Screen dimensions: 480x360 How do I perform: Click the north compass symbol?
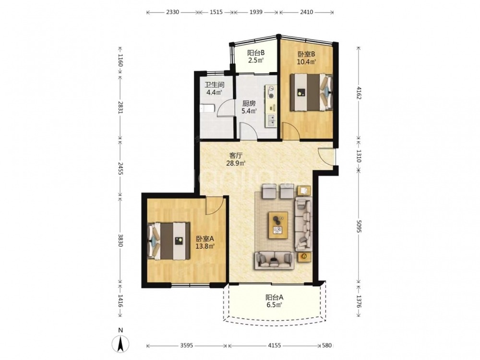[121, 340]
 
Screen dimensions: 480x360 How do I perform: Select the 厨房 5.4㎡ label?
[249, 107]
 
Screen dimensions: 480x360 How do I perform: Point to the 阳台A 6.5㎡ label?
[274, 301]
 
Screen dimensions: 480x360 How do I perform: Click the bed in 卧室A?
[168, 241]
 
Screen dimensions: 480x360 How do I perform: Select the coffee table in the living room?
[278, 225]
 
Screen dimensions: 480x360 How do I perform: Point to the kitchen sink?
[271, 120]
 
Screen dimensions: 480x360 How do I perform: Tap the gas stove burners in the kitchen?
[271, 92]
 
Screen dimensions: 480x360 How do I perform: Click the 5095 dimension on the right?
[359, 226]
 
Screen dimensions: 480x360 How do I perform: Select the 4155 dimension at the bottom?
[274, 346]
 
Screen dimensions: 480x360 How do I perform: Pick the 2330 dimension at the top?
[172, 12]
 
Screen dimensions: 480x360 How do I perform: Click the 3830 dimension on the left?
[120, 240]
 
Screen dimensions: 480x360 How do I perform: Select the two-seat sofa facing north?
[274, 261]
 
